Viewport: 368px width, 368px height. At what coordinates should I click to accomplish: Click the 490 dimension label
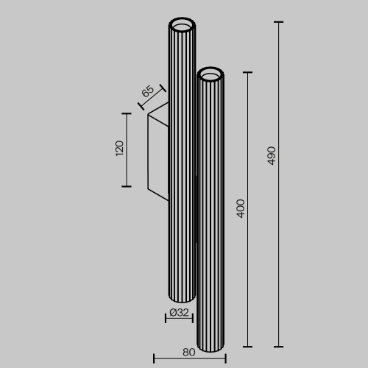[271, 155]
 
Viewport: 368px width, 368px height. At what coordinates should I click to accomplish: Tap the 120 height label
[119, 148]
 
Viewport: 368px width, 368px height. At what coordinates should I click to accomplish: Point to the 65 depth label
[146, 92]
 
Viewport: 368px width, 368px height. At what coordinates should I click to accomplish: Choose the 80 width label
[188, 352]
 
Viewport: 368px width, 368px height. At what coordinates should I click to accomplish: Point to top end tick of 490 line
[278, 23]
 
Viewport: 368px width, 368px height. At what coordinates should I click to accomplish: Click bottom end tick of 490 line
[278, 346]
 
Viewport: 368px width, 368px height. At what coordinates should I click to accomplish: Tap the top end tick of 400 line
[247, 72]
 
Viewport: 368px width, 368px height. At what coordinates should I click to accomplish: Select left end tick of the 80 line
[154, 358]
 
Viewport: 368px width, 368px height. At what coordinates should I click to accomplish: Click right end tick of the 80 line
[224, 358]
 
